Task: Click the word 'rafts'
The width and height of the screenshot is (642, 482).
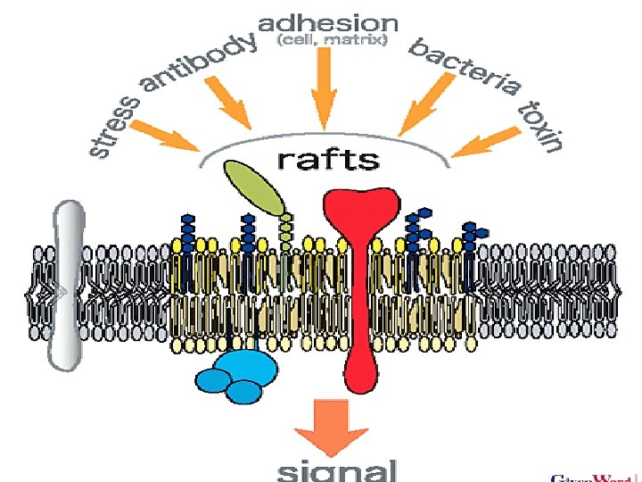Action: click(x=328, y=160)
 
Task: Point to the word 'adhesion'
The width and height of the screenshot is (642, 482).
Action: click(x=329, y=22)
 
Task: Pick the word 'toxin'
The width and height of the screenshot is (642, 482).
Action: click(x=541, y=124)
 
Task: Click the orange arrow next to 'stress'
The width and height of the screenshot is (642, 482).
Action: click(x=175, y=137)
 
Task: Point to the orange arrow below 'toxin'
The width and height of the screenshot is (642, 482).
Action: click(x=486, y=141)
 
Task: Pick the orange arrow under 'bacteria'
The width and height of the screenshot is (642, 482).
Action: click(x=425, y=105)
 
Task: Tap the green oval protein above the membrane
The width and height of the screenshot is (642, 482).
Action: click(x=253, y=186)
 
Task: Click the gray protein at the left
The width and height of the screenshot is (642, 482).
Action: click(x=67, y=286)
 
